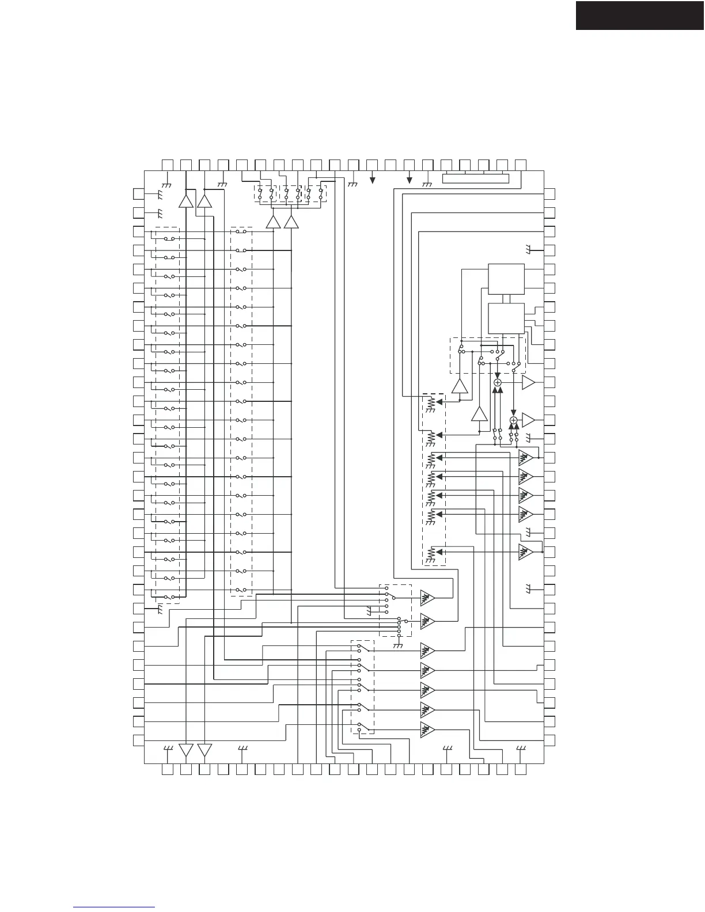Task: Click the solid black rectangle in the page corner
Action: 640,15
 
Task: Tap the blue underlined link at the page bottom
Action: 115,907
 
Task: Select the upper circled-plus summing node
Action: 498,382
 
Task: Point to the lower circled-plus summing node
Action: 513,420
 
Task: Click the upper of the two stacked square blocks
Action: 506,279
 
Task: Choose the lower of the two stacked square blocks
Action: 506,318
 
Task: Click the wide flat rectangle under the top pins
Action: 476,178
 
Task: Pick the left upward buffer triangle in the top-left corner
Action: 186,201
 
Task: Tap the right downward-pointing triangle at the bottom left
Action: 204,750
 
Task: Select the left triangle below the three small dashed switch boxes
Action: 273,222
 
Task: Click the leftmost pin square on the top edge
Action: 168,164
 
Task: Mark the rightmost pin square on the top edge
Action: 521,164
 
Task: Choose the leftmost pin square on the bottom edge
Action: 168,770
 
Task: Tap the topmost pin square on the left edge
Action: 138,194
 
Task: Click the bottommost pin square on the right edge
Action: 549,740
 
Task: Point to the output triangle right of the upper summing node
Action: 528,382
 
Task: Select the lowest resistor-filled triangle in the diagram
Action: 427,729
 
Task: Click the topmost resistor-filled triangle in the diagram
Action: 525,458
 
